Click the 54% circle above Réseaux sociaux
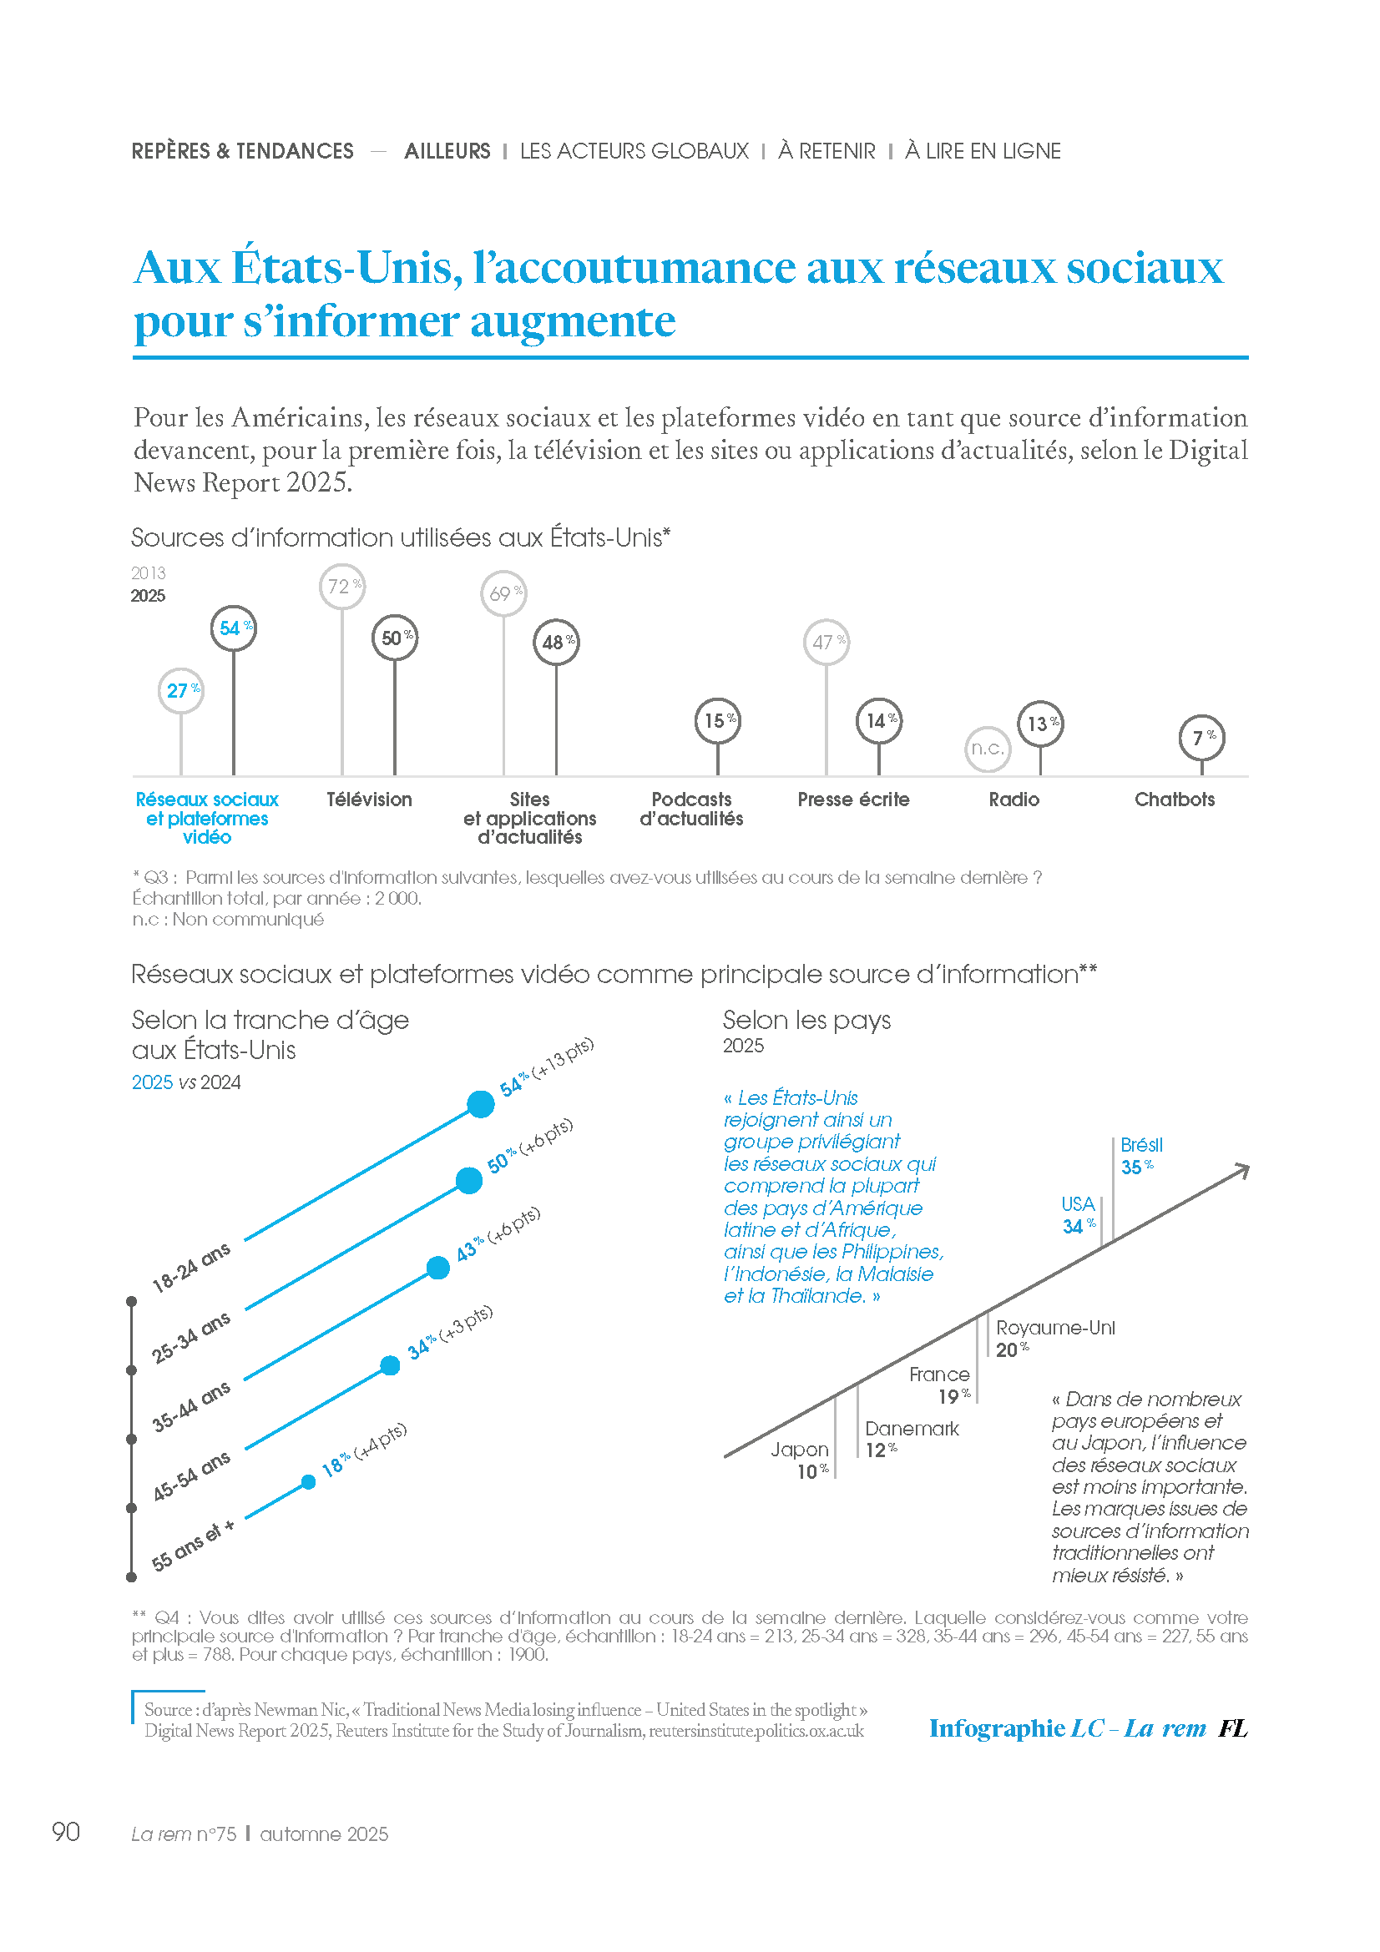(233, 629)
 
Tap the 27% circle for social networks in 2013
(181, 690)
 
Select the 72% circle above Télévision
(342, 587)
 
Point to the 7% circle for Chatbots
(1201, 738)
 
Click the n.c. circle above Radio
(988, 749)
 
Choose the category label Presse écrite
(853, 799)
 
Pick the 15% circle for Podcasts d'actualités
(718, 721)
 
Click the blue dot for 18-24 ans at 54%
(480, 1104)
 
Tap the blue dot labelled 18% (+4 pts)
(309, 1483)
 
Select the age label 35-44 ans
(191, 1407)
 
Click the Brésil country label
(1141, 1145)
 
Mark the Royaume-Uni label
(1055, 1328)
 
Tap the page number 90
(66, 1832)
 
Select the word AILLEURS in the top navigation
(447, 151)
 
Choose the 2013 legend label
(148, 573)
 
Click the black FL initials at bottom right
(1232, 1728)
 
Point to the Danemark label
(912, 1429)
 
